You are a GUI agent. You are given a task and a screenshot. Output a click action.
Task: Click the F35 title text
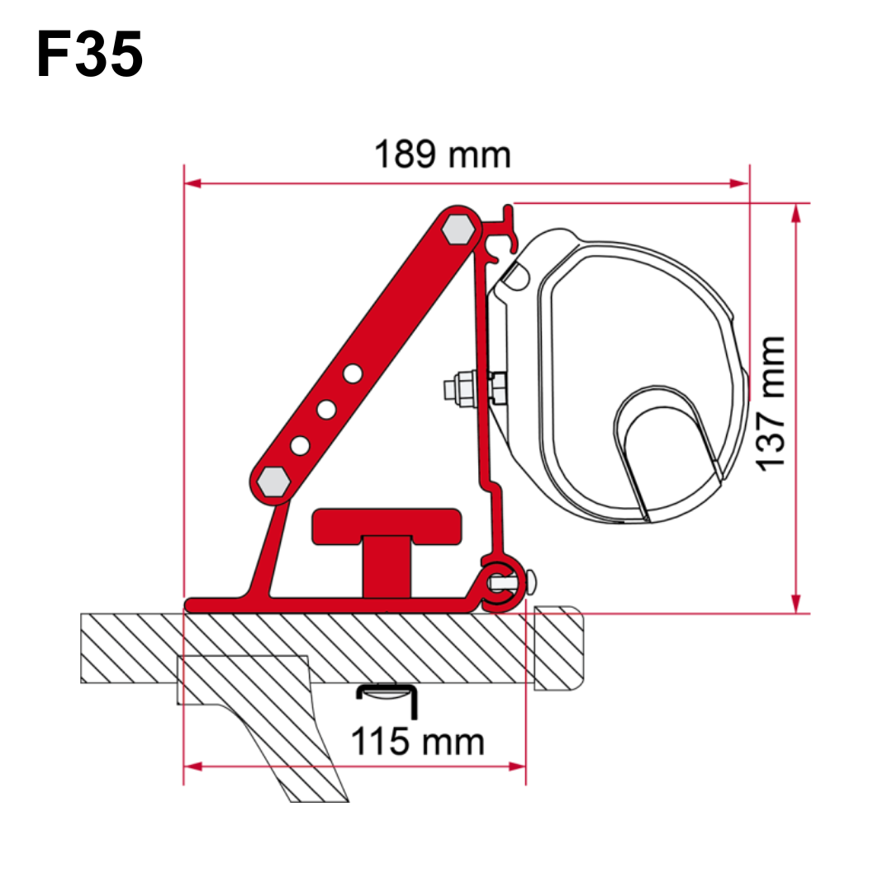[x=89, y=54]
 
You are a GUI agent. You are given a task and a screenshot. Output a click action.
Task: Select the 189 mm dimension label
[x=443, y=154]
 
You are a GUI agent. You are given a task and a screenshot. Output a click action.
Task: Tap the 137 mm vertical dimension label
[x=771, y=403]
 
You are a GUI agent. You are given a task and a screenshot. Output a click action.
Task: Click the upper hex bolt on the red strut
[x=458, y=229]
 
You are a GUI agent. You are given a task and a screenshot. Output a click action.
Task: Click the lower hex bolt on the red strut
[x=273, y=482]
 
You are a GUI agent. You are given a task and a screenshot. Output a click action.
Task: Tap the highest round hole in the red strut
[x=353, y=374]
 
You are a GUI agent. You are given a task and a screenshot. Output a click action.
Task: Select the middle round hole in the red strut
[x=326, y=410]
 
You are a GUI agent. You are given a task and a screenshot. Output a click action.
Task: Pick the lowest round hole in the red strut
[x=300, y=446]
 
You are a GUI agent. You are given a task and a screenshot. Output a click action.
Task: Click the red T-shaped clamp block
[x=387, y=546]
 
